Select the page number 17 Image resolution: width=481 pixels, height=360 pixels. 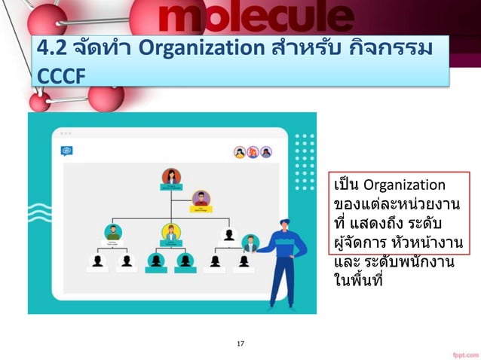point(240,343)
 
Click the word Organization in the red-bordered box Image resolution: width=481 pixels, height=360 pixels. point(405,185)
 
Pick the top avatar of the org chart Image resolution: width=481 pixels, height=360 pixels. point(171,177)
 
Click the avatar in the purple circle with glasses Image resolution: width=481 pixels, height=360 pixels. point(201,198)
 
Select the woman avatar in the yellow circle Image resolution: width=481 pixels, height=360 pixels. point(171,232)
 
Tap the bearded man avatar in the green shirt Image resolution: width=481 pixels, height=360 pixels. point(113,232)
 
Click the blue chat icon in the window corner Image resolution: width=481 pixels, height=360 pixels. point(67,151)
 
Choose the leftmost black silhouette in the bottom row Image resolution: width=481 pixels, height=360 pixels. point(97,261)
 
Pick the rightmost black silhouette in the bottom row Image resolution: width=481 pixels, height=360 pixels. point(244,261)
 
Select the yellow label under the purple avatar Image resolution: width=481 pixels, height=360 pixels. point(201,209)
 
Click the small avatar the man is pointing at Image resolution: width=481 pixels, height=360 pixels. point(250,243)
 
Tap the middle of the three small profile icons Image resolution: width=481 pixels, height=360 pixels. point(253,152)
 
